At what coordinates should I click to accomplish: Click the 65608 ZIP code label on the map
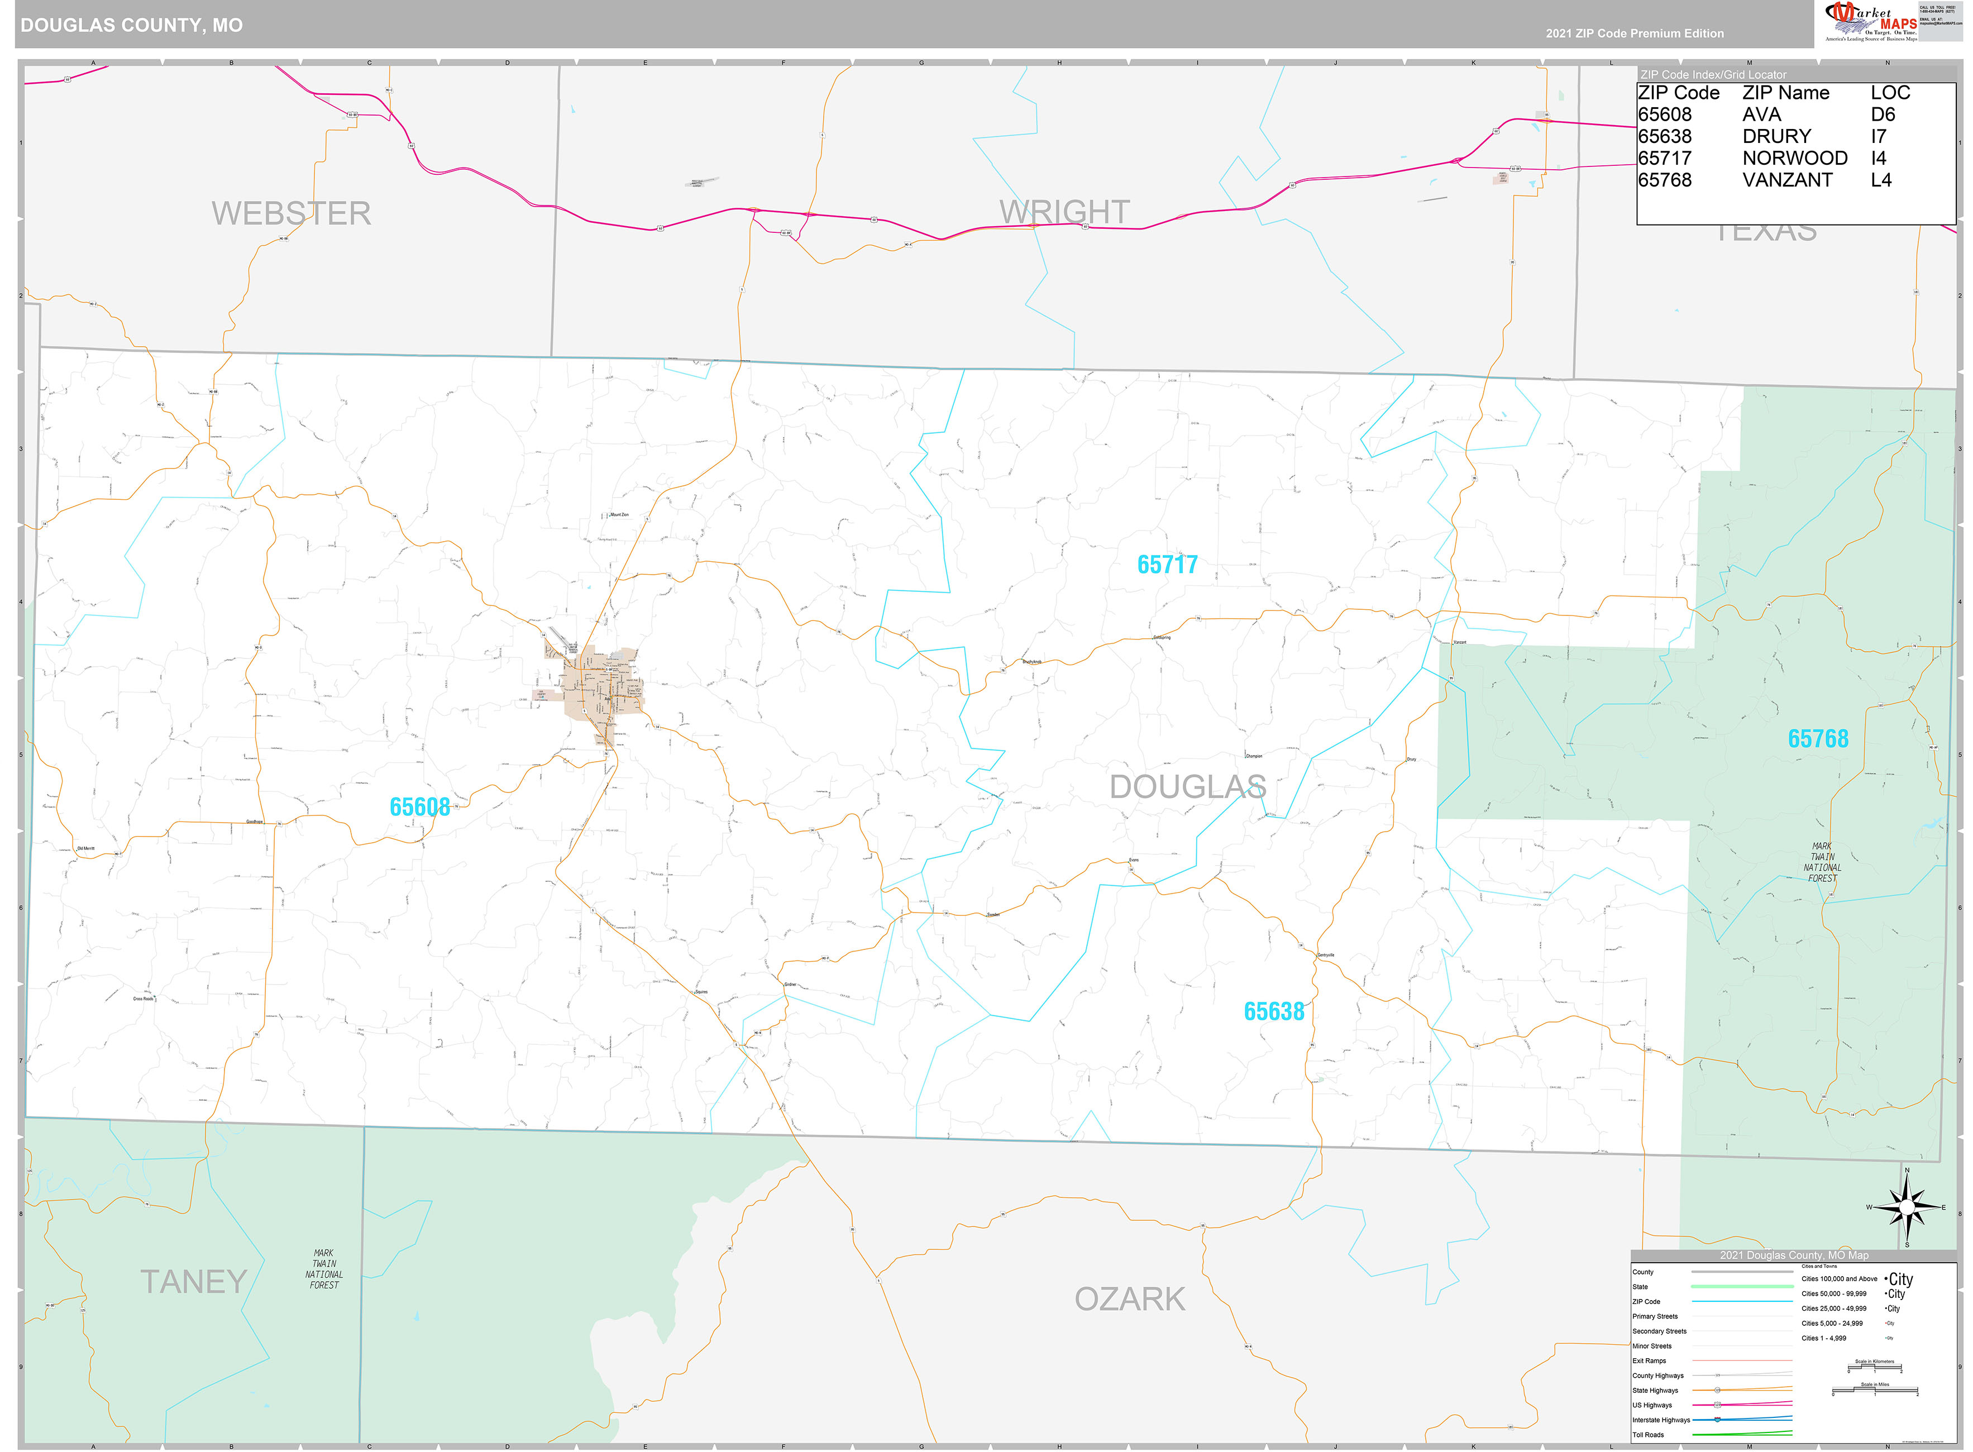point(419,807)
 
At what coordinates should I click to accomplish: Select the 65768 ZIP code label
point(1817,738)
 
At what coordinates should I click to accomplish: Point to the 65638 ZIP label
point(1273,1012)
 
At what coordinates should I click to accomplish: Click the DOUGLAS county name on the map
point(1187,787)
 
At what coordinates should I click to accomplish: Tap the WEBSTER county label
point(291,213)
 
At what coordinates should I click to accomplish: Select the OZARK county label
point(1129,1299)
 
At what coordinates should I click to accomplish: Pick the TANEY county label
point(193,1282)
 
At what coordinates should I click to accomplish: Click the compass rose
point(1906,1207)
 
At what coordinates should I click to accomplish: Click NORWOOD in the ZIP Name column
point(1795,158)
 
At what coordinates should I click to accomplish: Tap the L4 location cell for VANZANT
point(1881,180)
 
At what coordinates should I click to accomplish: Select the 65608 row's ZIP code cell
point(1665,114)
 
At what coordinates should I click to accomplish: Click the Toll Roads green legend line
point(1742,1435)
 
